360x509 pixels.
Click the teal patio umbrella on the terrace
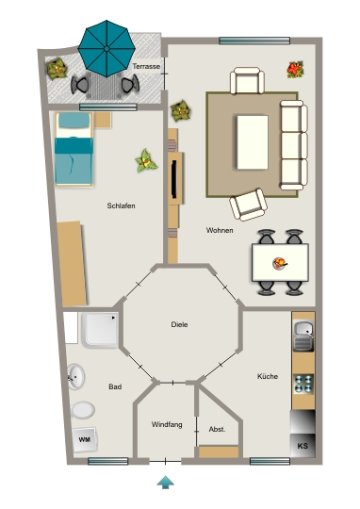pyautogui.click(x=106, y=49)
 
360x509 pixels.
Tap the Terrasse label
pyautogui.click(x=146, y=66)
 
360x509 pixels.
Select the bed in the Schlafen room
pyautogui.click(x=74, y=149)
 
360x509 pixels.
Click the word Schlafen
pyautogui.click(x=121, y=205)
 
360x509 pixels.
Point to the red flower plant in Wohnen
pyautogui.click(x=295, y=70)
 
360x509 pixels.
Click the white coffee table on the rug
pyautogui.click(x=253, y=142)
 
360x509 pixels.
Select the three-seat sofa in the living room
pyautogui.click(x=294, y=145)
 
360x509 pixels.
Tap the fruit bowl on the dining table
pyautogui.click(x=280, y=263)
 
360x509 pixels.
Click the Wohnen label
pyautogui.click(x=220, y=230)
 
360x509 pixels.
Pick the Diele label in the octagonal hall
pyautogui.click(x=179, y=324)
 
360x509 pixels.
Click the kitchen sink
pyautogui.click(x=303, y=336)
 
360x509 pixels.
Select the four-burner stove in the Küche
pyautogui.click(x=303, y=384)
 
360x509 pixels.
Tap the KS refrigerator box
pyautogui.click(x=303, y=445)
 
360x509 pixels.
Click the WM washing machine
pyautogui.click(x=85, y=440)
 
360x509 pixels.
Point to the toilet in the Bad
pyautogui.click(x=83, y=410)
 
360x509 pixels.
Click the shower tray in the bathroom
pyautogui.click(x=100, y=330)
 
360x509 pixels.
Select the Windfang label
pyautogui.click(x=167, y=424)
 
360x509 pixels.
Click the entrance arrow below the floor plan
pyautogui.click(x=166, y=482)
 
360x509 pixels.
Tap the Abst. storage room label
pyautogui.click(x=217, y=429)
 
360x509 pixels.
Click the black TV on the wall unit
pyautogui.click(x=174, y=179)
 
